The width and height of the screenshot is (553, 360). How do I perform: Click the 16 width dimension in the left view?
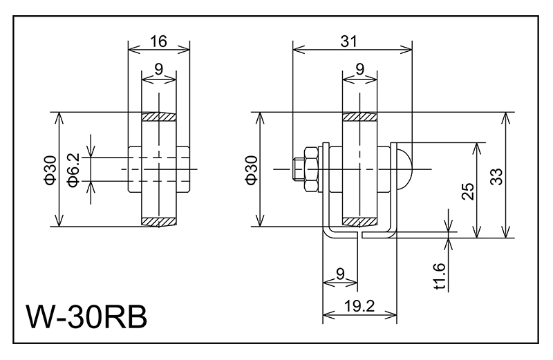158,42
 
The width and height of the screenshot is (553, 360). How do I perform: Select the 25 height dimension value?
467,191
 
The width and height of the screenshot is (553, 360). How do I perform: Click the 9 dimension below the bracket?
340,274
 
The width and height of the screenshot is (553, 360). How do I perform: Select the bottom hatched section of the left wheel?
158,221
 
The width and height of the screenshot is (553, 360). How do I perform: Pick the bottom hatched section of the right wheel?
360,221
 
